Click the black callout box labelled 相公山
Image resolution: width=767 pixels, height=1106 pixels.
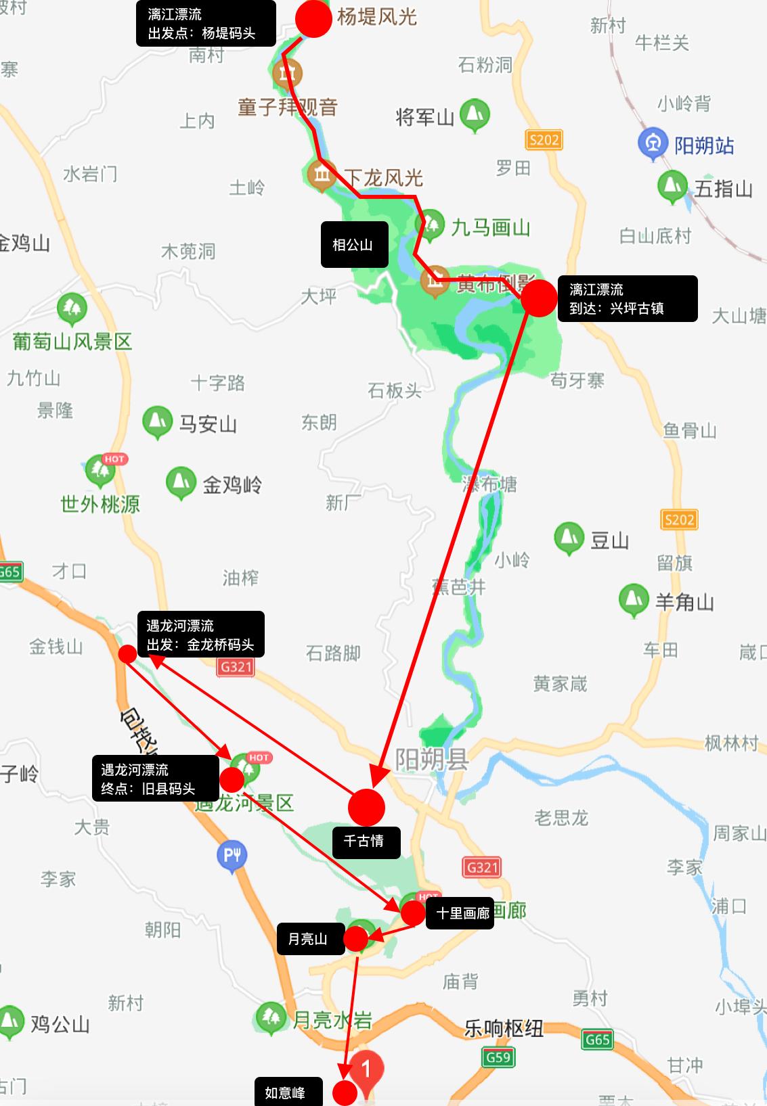(354, 244)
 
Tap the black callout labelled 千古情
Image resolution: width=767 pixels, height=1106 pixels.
(366, 841)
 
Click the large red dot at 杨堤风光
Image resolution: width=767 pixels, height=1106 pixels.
(313, 18)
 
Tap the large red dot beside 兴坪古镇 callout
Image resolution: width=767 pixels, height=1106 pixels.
(539, 298)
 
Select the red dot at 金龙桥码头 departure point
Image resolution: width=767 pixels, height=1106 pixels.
(127, 653)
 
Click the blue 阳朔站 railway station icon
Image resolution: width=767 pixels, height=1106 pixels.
(653, 144)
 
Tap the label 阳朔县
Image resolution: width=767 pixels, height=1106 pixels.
(432, 759)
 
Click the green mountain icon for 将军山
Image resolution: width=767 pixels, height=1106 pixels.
(475, 114)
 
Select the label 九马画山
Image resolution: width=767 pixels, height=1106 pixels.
(490, 228)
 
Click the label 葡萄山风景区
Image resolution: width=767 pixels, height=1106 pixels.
(72, 342)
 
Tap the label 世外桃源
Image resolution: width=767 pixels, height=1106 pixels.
(100, 504)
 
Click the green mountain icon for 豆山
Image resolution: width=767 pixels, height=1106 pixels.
(569, 537)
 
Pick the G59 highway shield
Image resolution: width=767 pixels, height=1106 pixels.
(499, 1057)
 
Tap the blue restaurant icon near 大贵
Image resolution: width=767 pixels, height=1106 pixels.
(232, 855)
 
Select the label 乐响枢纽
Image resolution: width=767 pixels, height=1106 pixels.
(504, 1028)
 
